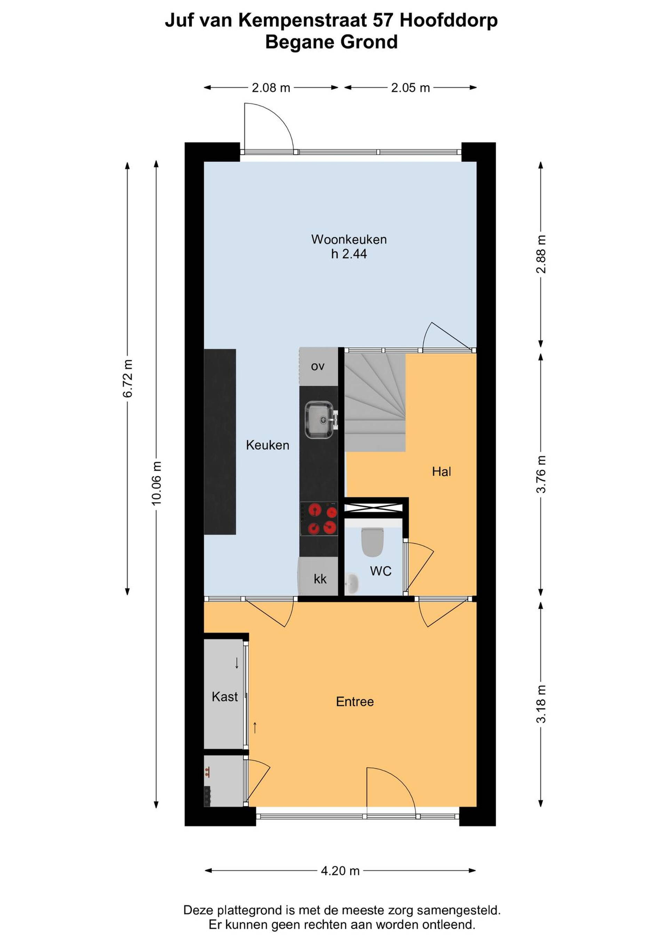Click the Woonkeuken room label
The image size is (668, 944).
pos(349,239)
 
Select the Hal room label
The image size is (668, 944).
pos(442,471)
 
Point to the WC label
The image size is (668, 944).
pos(381,571)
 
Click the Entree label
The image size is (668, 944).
pos(355,701)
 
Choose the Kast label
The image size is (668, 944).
pos(225,696)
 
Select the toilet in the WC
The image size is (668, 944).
pos(372,541)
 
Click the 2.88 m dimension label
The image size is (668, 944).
pos(541,254)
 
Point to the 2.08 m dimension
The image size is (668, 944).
pos(271,88)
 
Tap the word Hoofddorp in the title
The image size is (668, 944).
pos(449,21)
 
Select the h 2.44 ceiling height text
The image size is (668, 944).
pos(349,254)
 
